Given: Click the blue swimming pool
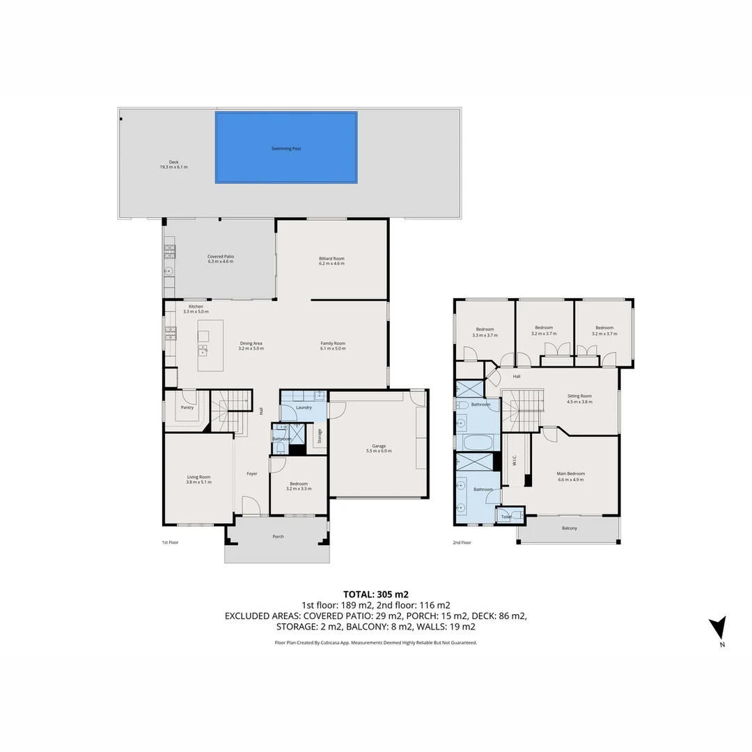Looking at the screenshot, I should (x=286, y=148).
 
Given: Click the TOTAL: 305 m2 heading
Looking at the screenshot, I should (x=375, y=595).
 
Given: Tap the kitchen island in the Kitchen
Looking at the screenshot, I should (x=210, y=345).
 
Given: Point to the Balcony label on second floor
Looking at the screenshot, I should (x=569, y=528).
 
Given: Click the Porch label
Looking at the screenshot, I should (x=278, y=536).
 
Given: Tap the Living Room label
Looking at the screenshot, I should (x=198, y=479).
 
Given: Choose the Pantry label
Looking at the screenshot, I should (x=187, y=407).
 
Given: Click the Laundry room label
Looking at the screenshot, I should (x=304, y=407).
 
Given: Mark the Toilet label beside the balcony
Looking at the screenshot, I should (x=506, y=517).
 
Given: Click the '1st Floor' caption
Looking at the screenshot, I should (x=171, y=542).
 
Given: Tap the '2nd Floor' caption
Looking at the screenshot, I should (x=462, y=542).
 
